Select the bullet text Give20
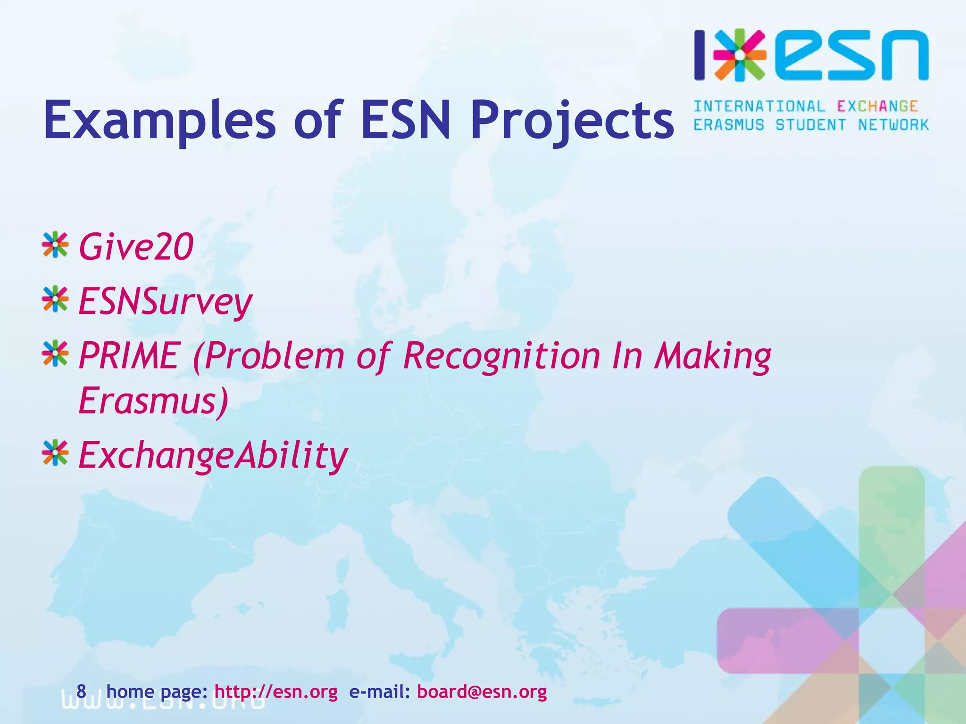pos(136,247)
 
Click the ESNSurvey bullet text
pos(165,302)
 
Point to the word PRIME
pos(128,355)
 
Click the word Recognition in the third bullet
pos(501,356)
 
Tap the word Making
pos(712,356)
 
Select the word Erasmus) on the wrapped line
pos(153,401)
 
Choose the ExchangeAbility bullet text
pos(213,455)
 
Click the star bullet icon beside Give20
pos(55,245)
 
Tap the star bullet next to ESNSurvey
pos(55,299)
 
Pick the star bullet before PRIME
pos(55,354)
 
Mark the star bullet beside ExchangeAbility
pos(55,453)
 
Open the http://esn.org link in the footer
pos(276,692)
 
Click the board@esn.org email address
pos(482,692)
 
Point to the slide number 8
pos(81,691)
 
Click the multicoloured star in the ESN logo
pos(740,55)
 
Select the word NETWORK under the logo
pos(893,125)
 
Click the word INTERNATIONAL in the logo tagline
pos(759,107)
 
